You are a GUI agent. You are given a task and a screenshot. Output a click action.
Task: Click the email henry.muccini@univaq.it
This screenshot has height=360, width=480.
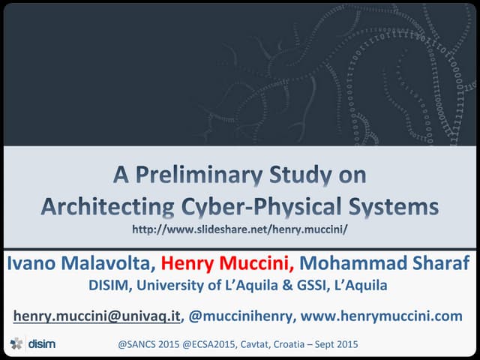pos(97,316)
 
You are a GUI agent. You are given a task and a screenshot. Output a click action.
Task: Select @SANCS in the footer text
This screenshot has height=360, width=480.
pos(138,344)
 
